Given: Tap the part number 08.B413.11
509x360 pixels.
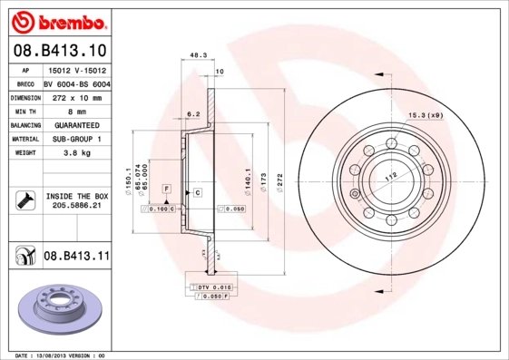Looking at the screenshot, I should pyautogui.click(x=76, y=258).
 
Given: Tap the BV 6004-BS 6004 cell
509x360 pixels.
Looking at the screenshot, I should pyautogui.click(x=76, y=83).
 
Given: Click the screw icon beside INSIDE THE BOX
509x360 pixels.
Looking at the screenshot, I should pyautogui.click(x=24, y=199).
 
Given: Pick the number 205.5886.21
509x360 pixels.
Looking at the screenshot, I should pyautogui.click(x=76, y=207).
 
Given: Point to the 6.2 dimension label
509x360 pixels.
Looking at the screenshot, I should pyautogui.click(x=193, y=114).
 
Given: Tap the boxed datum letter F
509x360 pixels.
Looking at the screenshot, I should pyautogui.click(x=167, y=187).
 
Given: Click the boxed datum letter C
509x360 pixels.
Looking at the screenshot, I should pyautogui.click(x=196, y=194).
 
